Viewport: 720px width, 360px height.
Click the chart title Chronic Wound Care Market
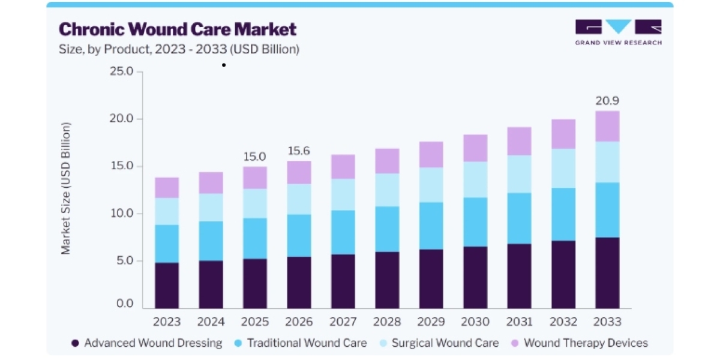tap(178, 29)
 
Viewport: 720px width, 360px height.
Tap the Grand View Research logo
tap(618, 32)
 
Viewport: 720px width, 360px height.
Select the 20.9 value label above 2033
tap(607, 101)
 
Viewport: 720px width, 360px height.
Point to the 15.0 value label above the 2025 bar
tap(255, 157)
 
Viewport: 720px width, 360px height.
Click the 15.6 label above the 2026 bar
tap(299, 151)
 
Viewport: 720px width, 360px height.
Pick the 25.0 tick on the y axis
tap(121, 71)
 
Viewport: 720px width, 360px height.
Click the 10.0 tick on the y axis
tap(121, 213)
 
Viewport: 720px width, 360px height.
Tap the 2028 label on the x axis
tap(387, 322)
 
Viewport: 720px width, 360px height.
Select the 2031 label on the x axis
tap(519, 322)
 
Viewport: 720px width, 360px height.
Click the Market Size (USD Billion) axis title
tap(65, 188)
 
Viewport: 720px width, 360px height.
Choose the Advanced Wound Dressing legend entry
tap(147, 343)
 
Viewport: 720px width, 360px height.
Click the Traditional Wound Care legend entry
tap(301, 343)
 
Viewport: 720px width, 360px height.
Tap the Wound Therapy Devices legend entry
tap(579, 343)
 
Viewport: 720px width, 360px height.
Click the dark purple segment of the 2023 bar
tap(167, 286)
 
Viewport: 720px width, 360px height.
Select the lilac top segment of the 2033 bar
tap(607, 127)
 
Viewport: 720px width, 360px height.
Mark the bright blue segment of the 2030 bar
tap(475, 222)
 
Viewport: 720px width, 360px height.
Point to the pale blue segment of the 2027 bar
tap(343, 194)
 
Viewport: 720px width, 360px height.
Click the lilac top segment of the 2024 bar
tap(211, 183)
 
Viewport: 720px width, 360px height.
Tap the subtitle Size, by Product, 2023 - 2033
tap(179, 49)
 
